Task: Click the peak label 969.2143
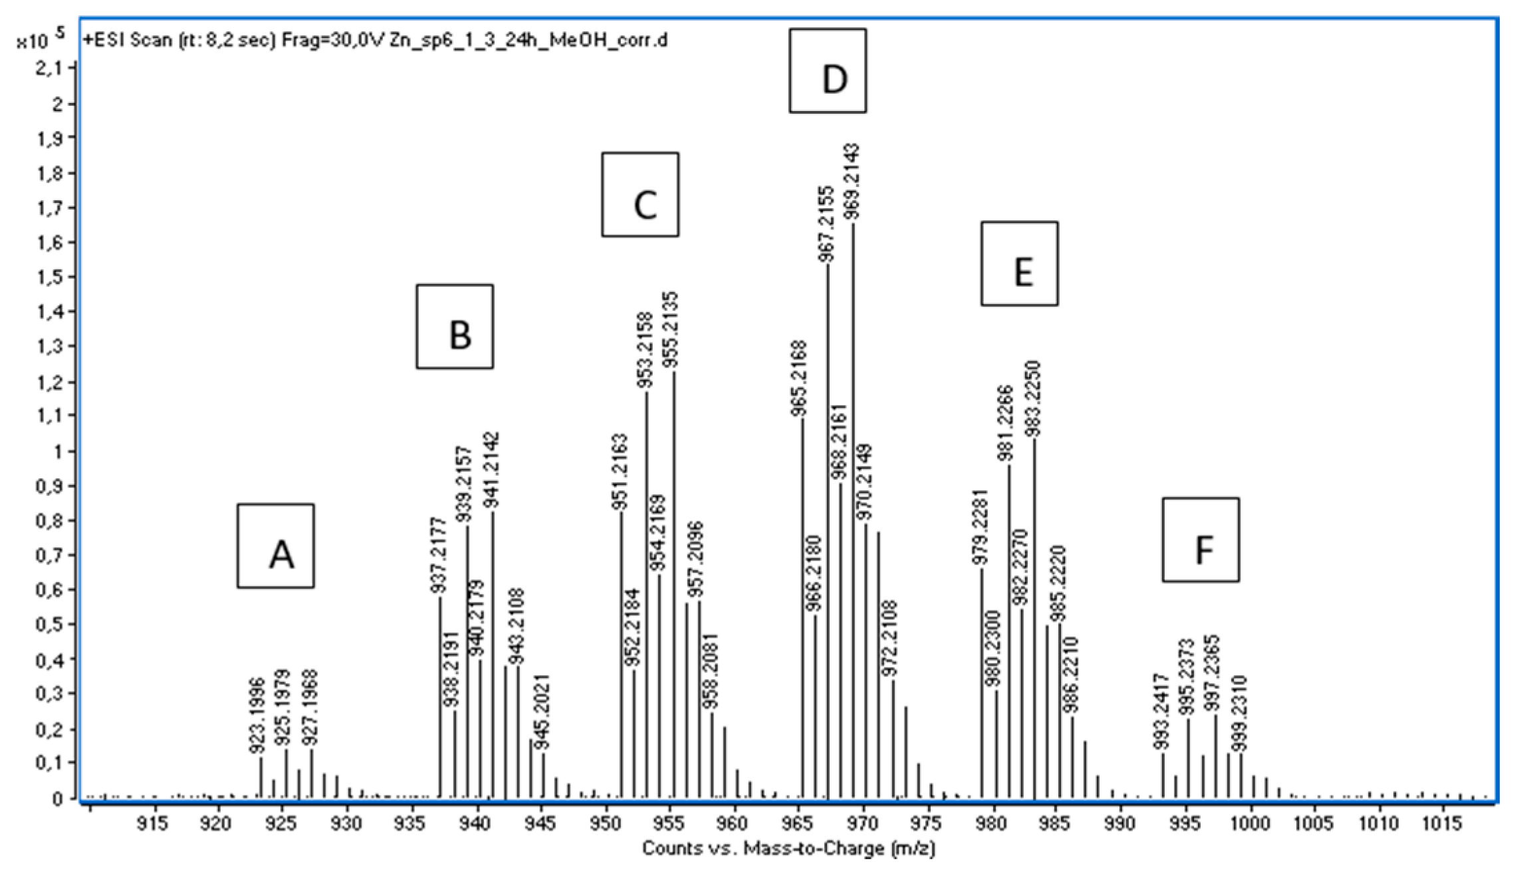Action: tap(852, 181)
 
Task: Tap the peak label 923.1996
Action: tap(258, 716)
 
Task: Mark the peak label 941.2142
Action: tap(491, 471)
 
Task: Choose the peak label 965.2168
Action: tap(800, 378)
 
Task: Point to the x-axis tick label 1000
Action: tap(1251, 823)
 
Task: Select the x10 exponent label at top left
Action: tap(40, 39)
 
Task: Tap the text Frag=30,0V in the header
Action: tap(327, 40)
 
